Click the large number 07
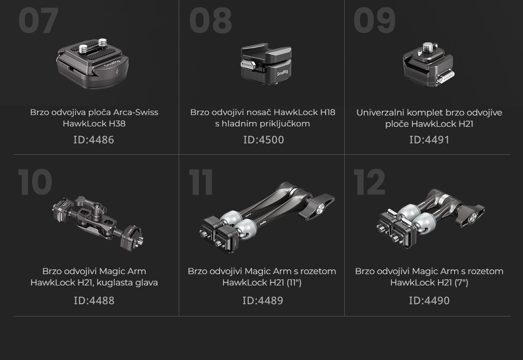click(38, 20)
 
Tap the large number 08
click(211, 20)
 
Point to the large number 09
click(374, 20)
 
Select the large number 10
click(35, 182)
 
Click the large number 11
click(201, 182)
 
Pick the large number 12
click(370, 182)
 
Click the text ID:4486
click(94, 140)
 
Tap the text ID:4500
click(264, 140)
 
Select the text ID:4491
click(429, 140)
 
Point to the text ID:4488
click(94, 300)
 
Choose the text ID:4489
click(263, 300)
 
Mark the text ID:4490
click(429, 300)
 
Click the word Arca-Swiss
click(136, 112)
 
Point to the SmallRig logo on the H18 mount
click(282, 73)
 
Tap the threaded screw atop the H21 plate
click(428, 48)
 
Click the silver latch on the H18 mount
click(247, 64)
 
